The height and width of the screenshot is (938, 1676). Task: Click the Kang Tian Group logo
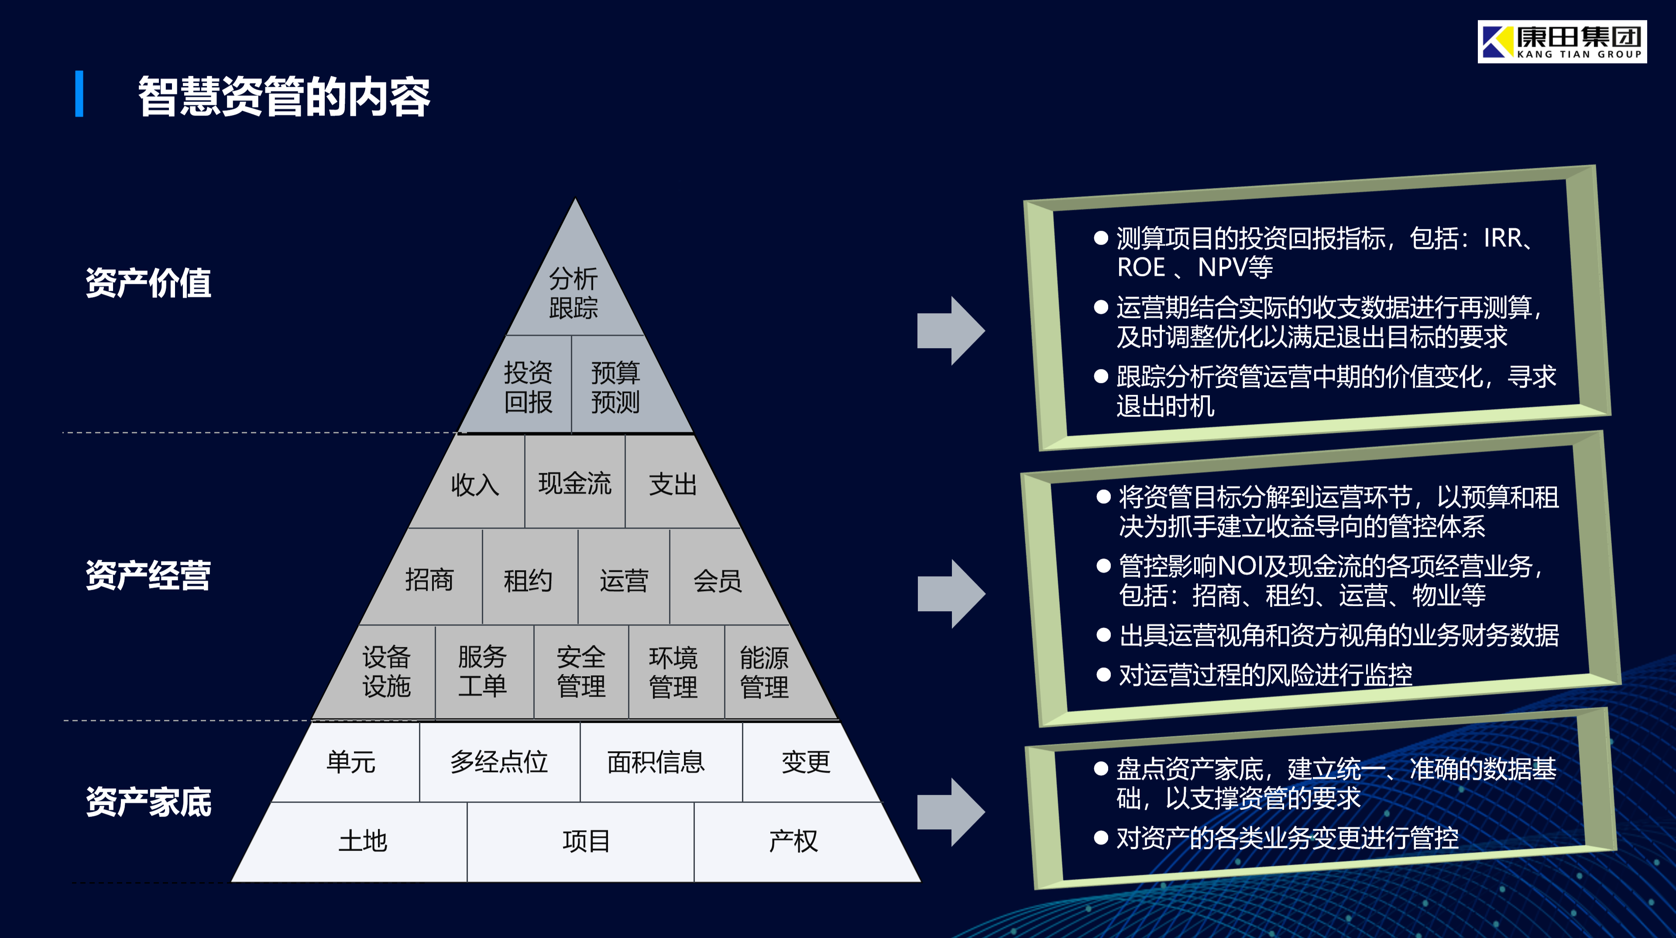[1562, 41]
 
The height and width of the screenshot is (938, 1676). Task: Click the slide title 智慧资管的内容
[284, 96]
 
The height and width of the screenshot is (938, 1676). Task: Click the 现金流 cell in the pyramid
[574, 483]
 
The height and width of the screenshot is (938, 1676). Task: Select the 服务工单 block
[482, 671]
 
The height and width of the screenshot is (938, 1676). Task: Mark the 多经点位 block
[499, 762]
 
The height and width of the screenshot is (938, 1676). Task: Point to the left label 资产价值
[148, 283]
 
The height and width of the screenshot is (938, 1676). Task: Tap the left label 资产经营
[148, 575]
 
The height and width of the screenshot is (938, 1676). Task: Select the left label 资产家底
[148, 801]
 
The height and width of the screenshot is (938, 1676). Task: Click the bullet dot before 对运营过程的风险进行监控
[1103, 674]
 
